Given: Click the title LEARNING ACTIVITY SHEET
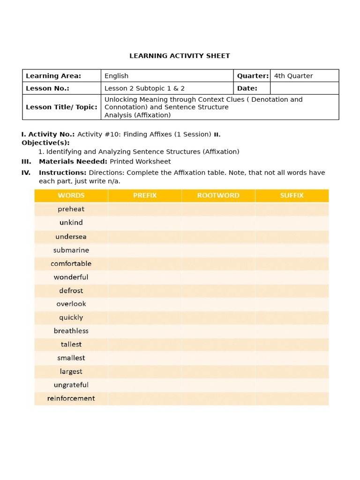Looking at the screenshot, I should (180, 56).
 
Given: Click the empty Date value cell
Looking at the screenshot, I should (304, 88).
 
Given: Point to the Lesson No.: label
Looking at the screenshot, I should (47, 88).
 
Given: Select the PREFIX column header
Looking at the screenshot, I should (145, 195).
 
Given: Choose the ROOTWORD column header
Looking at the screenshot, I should (218, 195).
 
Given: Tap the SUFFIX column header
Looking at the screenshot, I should (292, 195).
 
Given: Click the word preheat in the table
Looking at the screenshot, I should (71, 209).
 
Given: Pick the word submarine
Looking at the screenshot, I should (71, 250).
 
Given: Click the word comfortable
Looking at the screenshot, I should (71, 263).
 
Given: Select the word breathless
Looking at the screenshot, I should (71, 331).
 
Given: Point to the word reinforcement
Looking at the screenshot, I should (71, 398).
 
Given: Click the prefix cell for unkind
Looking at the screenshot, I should (145, 223).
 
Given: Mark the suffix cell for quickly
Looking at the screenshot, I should (292, 317).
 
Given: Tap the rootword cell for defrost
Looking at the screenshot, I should (218, 291).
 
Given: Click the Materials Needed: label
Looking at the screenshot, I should (73, 162).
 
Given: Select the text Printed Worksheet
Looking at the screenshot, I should (140, 162).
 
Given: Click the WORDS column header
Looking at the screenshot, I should (71, 195).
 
